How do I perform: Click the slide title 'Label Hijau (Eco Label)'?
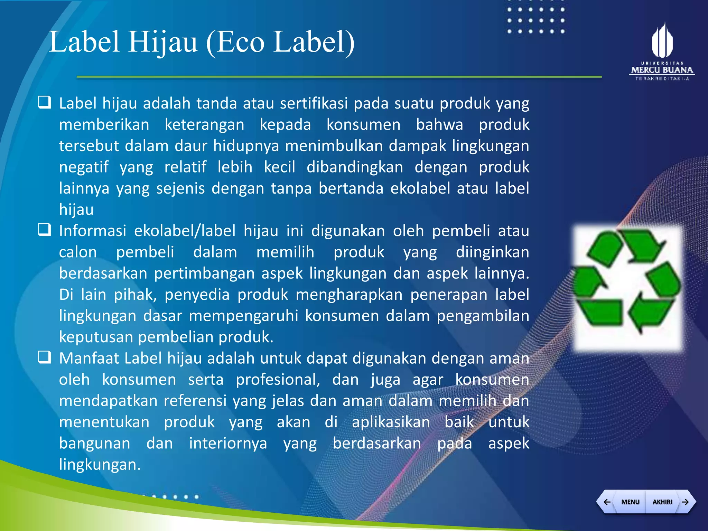(202, 42)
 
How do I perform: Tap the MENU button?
(630, 502)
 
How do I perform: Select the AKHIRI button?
(662, 502)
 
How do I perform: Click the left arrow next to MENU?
(607, 502)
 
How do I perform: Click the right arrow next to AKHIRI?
(685, 502)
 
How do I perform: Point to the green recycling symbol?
(627, 281)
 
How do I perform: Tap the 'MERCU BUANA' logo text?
(662, 70)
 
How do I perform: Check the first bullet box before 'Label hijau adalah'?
(45, 103)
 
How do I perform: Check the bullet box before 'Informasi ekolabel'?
(45, 230)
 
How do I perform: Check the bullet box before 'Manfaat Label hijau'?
(45, 357)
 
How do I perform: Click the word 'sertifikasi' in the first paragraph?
(314, 103)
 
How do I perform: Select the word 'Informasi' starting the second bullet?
(93, 231)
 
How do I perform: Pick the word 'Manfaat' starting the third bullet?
(89, 358)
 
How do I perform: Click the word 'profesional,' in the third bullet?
(278, 380)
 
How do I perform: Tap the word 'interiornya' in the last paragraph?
(228, 443)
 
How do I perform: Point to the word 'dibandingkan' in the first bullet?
(355, 167)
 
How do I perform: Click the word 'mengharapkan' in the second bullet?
(349, 295)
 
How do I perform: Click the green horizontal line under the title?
(339, 77)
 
